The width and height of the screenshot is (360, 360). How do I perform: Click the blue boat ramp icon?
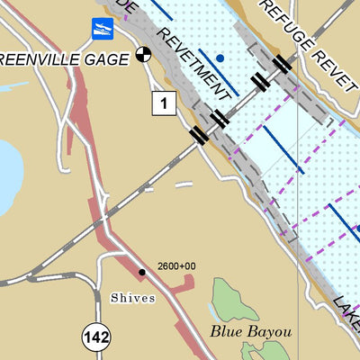[103, 30]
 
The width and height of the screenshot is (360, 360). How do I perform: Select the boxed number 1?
[162, 103]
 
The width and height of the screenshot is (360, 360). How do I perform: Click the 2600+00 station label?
[176, 266]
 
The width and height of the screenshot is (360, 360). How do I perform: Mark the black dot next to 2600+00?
[141, 271]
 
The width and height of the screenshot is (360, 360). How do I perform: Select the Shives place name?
[133, 298]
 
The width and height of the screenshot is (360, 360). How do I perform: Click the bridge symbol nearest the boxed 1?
[199, 135]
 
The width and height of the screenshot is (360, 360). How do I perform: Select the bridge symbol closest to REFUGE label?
[283, 63]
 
